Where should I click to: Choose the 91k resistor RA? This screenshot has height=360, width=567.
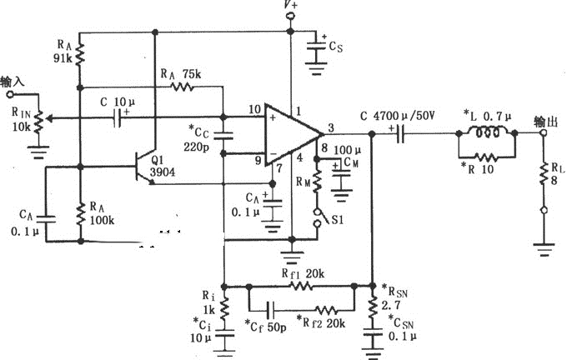(x=80, y=57)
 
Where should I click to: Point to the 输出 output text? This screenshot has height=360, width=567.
(x=545, y=120)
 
